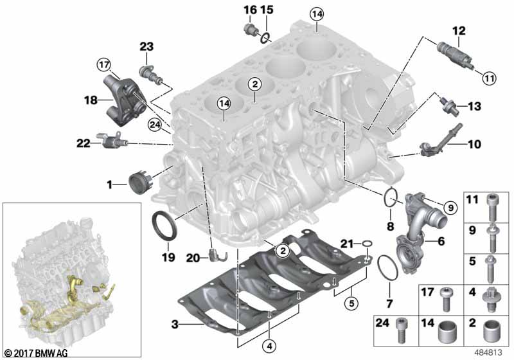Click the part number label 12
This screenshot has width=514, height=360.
[459, 31]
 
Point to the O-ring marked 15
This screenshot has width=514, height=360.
[265, 37]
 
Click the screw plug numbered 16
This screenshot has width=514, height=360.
[249, 30]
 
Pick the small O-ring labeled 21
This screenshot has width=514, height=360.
[367, 244]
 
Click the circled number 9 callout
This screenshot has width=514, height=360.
[450, 207]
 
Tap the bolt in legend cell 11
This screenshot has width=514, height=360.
[491, 208]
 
